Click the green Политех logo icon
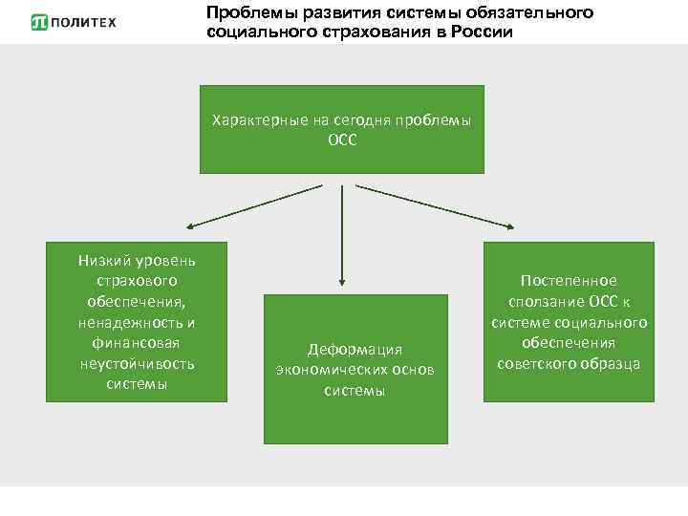coord(39,21)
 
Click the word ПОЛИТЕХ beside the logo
coord(83,21)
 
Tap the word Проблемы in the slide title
coord(243,12)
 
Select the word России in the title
coord(484,32)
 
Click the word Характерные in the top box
coord(256,120)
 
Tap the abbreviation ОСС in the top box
coord(341,139)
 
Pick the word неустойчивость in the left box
coord(136,363)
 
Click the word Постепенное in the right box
coord(569,281)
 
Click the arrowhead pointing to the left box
coord(191,227)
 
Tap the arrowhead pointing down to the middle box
coord(341,282)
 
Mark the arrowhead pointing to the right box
coord(509,226)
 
